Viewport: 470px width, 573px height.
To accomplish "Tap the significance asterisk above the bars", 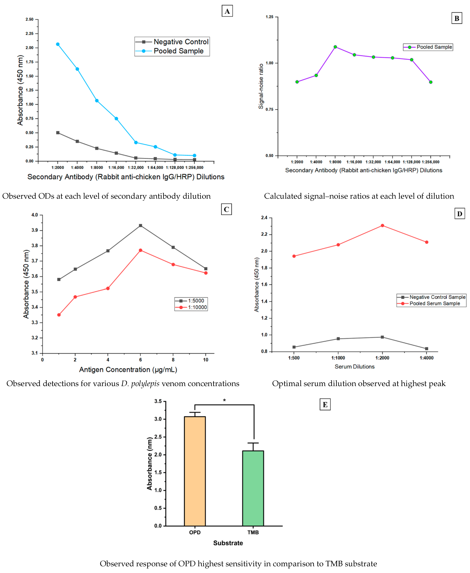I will (x=224, y=400).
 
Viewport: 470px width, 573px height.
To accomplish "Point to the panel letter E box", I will (x=325, y=405).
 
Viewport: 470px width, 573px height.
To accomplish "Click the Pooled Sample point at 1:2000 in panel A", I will (x=58, y=44).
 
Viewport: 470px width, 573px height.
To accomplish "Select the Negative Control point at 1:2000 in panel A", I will (x=58, y=133).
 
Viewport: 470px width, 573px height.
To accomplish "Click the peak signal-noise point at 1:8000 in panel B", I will (x=335, y=47).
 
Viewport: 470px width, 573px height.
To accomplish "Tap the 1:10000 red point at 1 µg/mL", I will (x=59, y=315).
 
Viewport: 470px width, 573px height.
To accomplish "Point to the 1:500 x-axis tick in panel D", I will (x=294, y=358).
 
